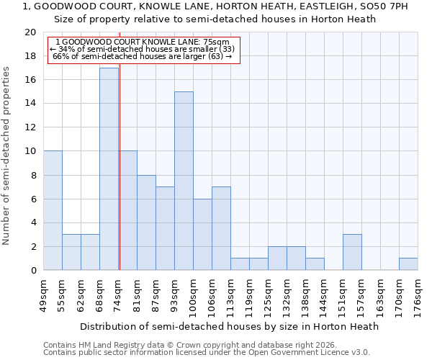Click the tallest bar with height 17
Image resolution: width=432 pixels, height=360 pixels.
click(x=109, y=169)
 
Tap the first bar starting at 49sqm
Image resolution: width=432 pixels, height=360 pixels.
click(x=53, y=210)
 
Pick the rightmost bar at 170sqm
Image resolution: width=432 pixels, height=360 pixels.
click(x=408, y=264)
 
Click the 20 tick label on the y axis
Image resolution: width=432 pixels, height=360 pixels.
click(x=30, y=32)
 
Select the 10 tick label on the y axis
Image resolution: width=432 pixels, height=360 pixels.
click(x=30, y=151)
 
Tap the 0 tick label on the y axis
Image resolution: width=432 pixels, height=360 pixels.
click(x=33, y=270)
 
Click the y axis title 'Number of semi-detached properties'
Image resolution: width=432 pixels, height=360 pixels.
click(x=7, y=156)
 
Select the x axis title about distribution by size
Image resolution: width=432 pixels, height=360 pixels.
click(x=229, y=326)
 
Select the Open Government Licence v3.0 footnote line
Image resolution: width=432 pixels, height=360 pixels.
click(x=206, y=353)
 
